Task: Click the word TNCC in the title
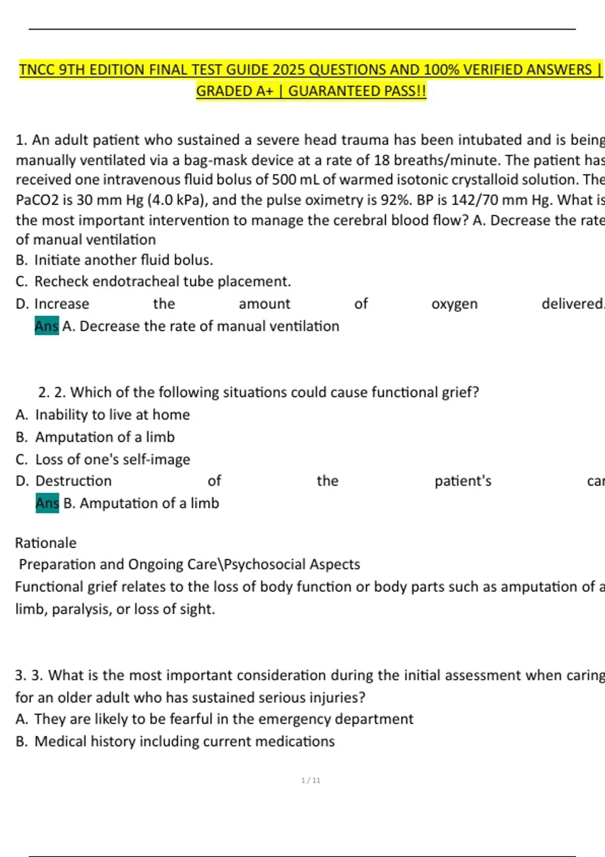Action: click(37, 70)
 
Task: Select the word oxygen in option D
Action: click(454, 304)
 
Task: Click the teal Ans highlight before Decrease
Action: click(46, 326)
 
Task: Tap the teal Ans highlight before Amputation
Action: click(47, 503)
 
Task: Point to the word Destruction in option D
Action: click(73, 481)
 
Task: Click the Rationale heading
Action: click(46, 543)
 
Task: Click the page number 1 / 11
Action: click(311, 780)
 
